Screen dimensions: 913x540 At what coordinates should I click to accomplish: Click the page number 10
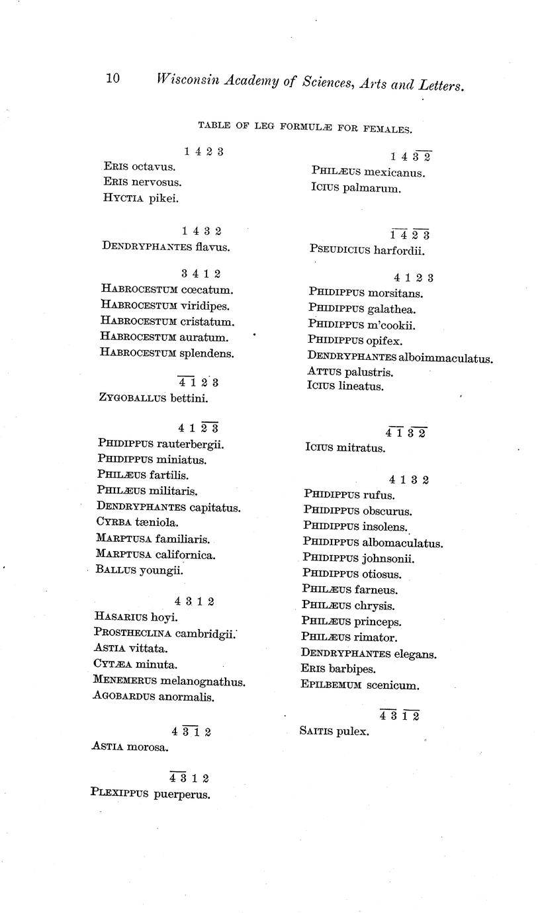(112, 79)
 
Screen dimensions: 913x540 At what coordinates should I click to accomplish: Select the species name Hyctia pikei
(141, 198)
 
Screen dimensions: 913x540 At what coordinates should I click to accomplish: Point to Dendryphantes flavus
(165, 247)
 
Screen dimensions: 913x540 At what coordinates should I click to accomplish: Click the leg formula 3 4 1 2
(201, 274)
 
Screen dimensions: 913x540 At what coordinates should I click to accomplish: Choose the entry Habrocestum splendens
(167, 353)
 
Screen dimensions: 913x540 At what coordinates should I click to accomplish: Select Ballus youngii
(140, 570)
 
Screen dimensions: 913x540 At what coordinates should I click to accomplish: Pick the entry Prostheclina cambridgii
(164, 633)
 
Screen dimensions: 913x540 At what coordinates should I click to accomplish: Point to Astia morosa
(130, 748)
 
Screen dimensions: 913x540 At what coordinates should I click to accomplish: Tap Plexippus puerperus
(150, 794)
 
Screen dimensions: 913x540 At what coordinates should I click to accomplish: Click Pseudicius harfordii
(367, 251)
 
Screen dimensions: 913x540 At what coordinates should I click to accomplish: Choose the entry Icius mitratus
(344, 448)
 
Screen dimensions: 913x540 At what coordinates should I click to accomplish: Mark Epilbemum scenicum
(359, 685)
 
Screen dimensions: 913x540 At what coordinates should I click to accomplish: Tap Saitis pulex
(334, 732)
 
